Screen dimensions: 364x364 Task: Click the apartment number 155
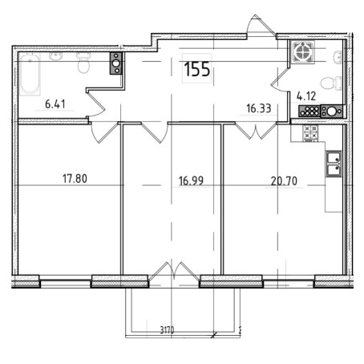(x=197, y=69)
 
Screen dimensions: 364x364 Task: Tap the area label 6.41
(x=55, y=104)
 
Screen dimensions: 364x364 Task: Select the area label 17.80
(x=75, y=179)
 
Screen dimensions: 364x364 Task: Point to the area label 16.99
(x=191, y=180)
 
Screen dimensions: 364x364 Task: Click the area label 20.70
(x=284, y=181)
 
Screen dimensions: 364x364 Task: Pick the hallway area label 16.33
(x=259, y=108)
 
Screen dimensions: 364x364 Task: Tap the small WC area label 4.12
(x=306, y=96)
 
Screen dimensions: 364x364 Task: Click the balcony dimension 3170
(x=167, y=330)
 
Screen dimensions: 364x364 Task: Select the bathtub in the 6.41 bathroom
(x=30, y=74)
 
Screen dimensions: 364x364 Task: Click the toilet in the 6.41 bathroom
(x=83, y=63)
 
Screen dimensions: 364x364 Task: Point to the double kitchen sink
(x=334, y=164)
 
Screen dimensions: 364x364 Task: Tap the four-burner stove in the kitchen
(x=310, y=133)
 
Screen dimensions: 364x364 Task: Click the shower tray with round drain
(x=302, y=52)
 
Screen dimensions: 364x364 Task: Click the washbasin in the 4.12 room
(x=338, y=58)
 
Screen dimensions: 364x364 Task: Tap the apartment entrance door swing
(x=261, y=25)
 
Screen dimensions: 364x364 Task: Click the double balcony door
(x=174, y=271)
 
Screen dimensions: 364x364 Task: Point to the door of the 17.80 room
(x=103, y=132)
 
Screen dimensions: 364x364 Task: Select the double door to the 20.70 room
(x=256, y=131)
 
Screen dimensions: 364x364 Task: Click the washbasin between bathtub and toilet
(x=56, y=56)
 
